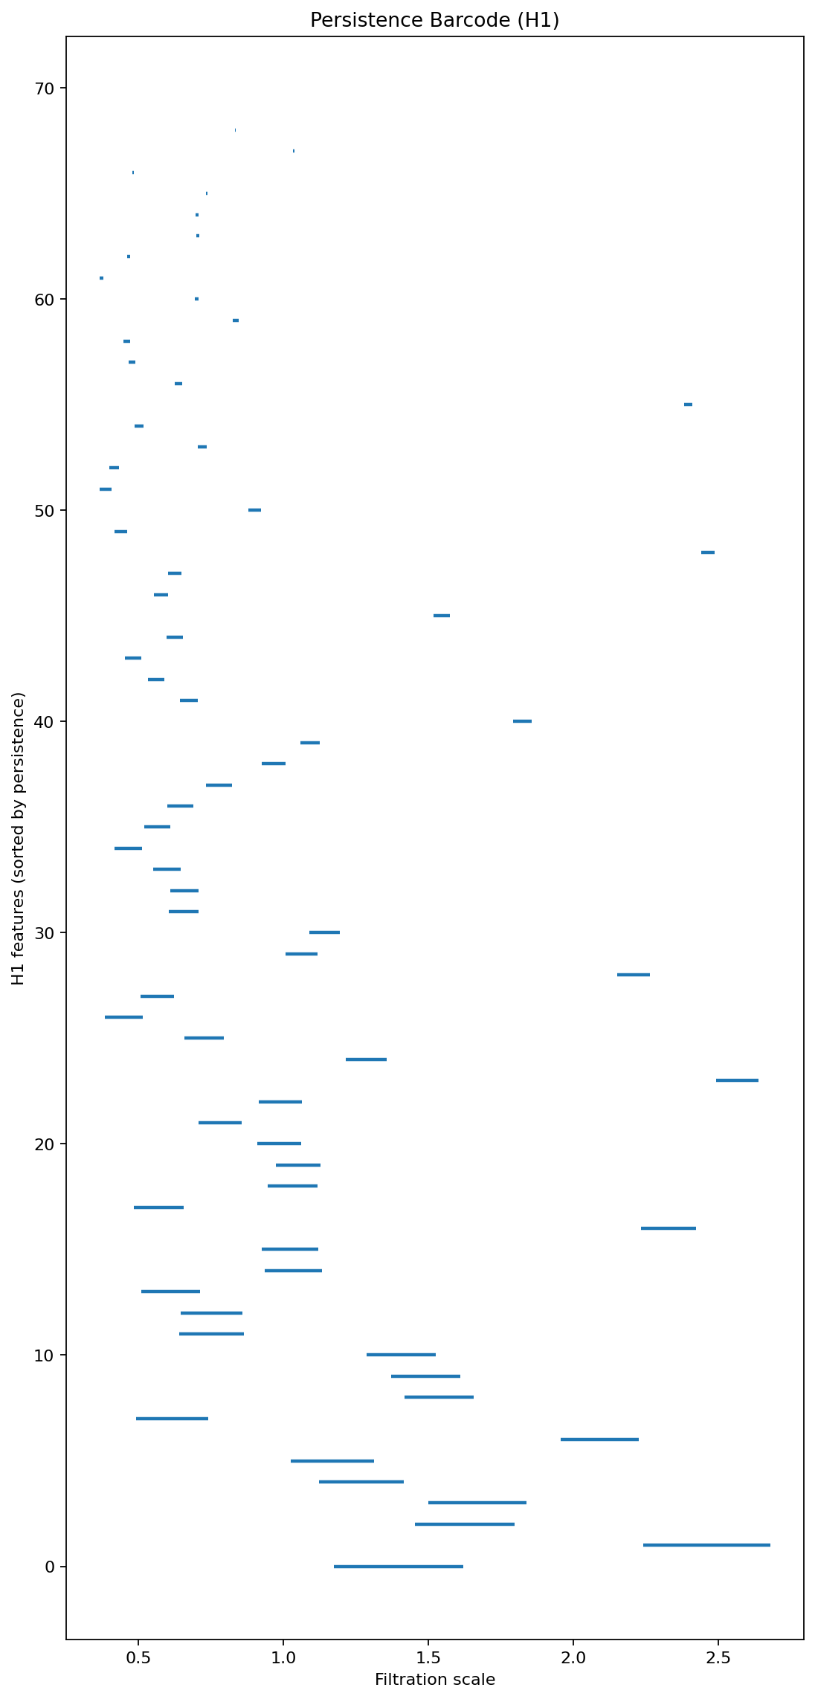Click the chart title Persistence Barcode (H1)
(434, 20)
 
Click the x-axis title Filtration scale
(434, 1679)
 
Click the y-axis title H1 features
(19, 838)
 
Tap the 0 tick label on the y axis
(51, 1567)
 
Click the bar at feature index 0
(399, 1566)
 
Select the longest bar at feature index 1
(706, 1545)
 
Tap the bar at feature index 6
(599, 1440)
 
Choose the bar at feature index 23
(737, 1080)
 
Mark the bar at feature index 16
(668, 1228)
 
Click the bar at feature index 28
(634, 975)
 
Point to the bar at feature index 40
(522, 721)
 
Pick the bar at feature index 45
(442, 616)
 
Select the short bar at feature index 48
(708, 552)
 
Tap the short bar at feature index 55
(688, 404)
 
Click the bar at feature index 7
(172, 1419)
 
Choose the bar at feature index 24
(366, 1059)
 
